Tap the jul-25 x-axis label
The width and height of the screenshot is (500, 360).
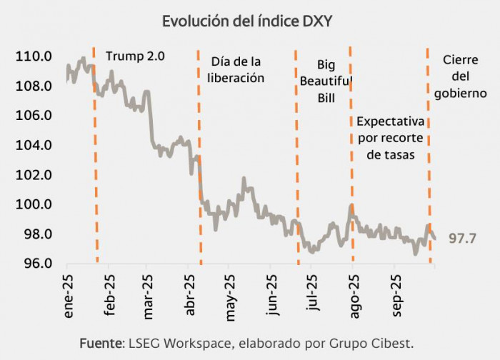pyautogui.click(x=311, y=289)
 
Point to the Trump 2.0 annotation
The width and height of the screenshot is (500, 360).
pyautogui.click(x=136, y=56)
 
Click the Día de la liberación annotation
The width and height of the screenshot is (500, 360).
pyautogui.click(x=236, y=69)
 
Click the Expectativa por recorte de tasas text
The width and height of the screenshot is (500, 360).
pyautogui.click(x=390, y=137)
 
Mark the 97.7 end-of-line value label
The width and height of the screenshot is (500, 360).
pyautogui.click(x=462, y=238)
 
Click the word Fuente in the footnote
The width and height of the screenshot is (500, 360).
pyautogui.click(x=100, y=341)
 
